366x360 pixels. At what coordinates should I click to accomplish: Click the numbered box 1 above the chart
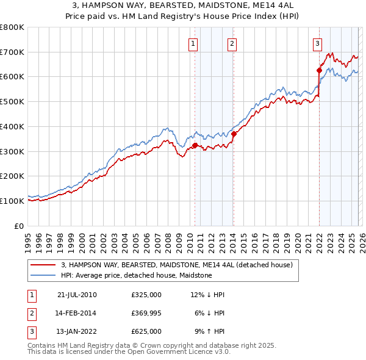pyautogui.click(x=193, y=43)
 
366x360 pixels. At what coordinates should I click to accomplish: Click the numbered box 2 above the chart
pyautogui.click(x=232, y=43)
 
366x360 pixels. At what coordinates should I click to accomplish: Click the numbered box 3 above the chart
pyautogui.click(x=318, y=43)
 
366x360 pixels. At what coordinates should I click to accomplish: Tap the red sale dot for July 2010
pyautogui.click(x=195, y=145)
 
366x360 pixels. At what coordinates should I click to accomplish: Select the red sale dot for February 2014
pyautogui.click(x=234, y=134)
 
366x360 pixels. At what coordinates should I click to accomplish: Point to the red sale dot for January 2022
pyautogui.click(x=318, y=71)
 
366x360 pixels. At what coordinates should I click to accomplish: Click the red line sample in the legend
pyautogui.click(x=43, y=265)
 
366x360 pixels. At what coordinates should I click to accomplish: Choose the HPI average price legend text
pyautogui.click(x=136, y=275)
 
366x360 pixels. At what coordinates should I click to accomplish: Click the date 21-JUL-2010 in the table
pyautogui.click(x=76, y=295)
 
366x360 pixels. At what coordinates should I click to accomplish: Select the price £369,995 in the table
pyautogui.click(x=146, y=313)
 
